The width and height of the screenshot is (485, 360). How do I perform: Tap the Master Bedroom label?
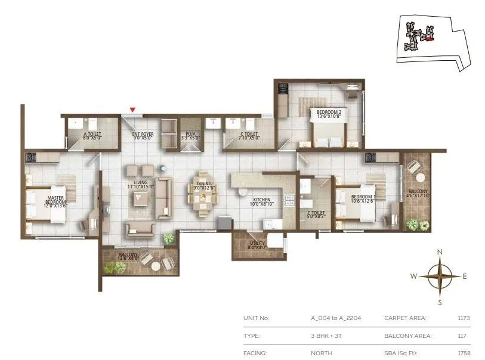click(x=57, y=201)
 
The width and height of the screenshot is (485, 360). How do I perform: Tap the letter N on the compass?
click(x=440, y=252)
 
